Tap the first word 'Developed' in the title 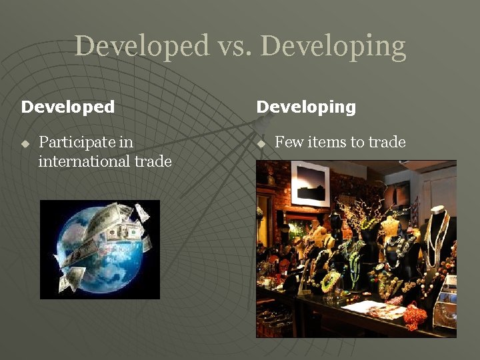pyautogui.click(x=142, y=46)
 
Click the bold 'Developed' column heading pyautogui.click(x=68, y=107)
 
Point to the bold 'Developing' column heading pyautogui.click(x=306, y=107)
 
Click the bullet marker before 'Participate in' pyautogui.click(x=25, y=143)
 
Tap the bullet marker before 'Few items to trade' pyautogui.click(x=261, y=143)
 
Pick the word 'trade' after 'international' pyautogui.click(x=153, y=161)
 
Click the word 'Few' pyautogui.click(x=287, y=142)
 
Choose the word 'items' pyautogui.click(x=324, y=142)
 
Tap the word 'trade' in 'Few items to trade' pyautogui.click(x=387, y=142)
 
